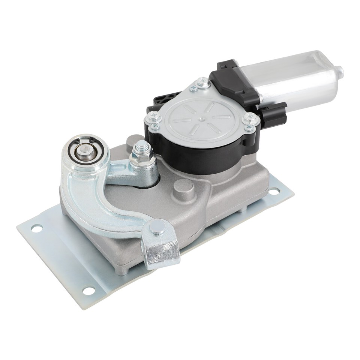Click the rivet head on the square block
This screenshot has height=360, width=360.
click(x=158, y=227)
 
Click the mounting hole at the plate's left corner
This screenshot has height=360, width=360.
click(x=37, y=228)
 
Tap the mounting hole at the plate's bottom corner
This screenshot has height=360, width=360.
click(x=89, y=290)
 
